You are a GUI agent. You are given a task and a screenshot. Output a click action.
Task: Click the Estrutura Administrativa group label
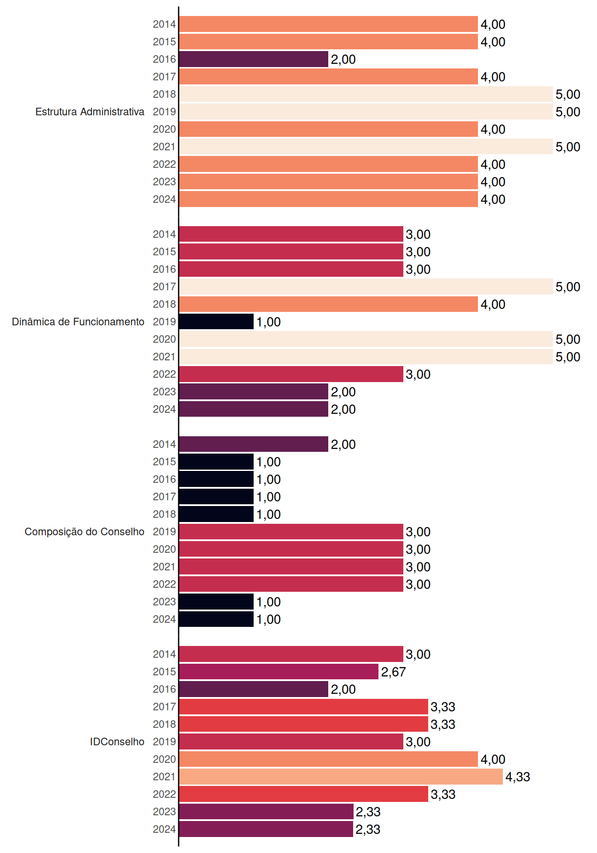[90, 112]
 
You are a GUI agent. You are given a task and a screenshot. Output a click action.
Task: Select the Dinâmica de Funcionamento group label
[78, 322]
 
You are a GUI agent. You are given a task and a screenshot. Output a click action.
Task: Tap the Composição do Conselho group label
[84, 532]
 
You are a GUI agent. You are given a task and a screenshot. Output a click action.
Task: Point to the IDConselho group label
[117, 741]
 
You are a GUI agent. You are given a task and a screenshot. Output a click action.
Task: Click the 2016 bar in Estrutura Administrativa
[254, 59]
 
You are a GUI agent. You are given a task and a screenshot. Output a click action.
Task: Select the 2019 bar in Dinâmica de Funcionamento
[216, 322]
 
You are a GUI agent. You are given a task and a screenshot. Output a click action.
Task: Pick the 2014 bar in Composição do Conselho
[254, 444]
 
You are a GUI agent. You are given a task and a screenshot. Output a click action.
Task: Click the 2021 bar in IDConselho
[341, 777]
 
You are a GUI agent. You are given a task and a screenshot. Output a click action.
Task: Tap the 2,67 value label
[394, 672]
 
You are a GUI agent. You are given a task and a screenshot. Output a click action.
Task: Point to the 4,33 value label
[518, 777]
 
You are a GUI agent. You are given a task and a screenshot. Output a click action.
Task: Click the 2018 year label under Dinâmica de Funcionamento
[164, 304]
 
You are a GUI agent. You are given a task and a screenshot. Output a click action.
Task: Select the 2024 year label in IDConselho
[164, 829]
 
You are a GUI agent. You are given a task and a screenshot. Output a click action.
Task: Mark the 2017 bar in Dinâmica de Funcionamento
[366, 287]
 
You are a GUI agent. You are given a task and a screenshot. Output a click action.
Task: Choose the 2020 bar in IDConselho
[328, 759]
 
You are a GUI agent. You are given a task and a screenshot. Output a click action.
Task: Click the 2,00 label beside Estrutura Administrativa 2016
[343, 59]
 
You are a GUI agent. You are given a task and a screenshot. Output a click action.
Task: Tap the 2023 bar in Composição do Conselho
[216, 602]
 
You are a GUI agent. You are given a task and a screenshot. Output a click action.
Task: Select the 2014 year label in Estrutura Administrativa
[164, 24]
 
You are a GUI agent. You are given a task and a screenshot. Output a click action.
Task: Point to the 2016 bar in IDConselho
[254, 689]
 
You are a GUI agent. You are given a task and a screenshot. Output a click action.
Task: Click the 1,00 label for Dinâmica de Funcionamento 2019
[269, 322]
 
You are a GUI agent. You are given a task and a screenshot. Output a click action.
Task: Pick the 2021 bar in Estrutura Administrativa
[366, 147]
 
